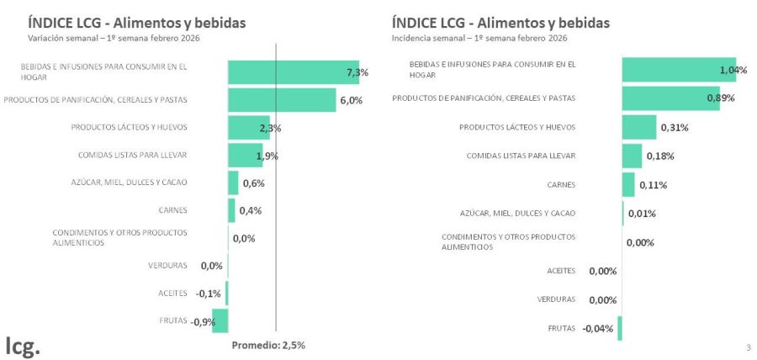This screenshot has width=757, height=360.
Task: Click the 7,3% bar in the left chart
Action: coord(293,72)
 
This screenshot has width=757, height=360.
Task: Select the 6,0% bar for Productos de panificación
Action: coord(282,100)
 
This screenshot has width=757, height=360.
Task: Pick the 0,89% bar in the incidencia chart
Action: coord(670,98)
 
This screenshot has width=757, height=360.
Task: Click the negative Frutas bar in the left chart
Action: coord(220,320)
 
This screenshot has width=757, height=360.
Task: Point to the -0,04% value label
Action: coord(598,328)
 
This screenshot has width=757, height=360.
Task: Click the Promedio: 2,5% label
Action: coord(268,345)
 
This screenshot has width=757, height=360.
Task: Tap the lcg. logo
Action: coord(23,345)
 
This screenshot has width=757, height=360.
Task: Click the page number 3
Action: coord(748,347)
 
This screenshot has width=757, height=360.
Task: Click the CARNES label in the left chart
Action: coord(172,210)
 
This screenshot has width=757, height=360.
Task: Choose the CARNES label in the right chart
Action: coord(561,184)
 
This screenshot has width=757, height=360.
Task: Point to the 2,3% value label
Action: coord(270,128)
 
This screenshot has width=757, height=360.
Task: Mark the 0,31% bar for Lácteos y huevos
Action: coord(639,127)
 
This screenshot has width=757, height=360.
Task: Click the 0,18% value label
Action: coord(660,156)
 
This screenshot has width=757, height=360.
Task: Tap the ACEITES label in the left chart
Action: coord(172,293)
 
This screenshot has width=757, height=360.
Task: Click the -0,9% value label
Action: coord(203,321)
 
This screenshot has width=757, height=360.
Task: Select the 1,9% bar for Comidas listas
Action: coord(245,156)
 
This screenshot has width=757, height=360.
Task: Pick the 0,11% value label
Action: coord(653,184)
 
